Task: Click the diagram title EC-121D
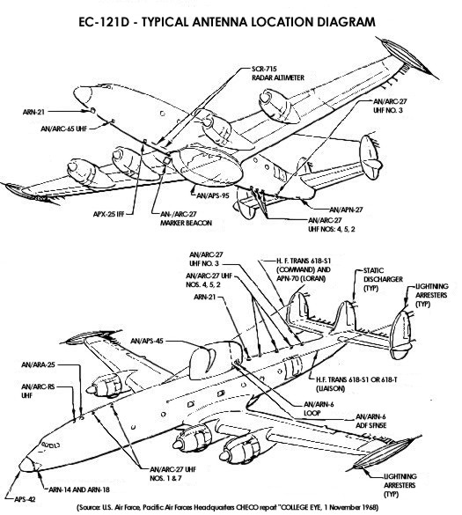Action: pos(104,22)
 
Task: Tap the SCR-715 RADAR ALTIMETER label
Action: pos(278,73)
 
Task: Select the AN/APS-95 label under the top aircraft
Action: pos(212,195)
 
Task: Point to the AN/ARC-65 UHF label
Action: pos(63,129)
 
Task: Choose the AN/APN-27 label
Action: pos(346,210)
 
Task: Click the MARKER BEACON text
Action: pos(186,223)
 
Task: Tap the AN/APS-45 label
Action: pos(146,341)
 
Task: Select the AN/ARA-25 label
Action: pos(38,364)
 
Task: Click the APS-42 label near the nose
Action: pos(25,499)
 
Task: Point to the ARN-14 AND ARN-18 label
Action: pos(79,489)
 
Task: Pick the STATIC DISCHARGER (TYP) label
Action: pos(383,279)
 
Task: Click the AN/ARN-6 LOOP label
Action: pos(319,408)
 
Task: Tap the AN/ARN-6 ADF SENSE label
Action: pos(370,421)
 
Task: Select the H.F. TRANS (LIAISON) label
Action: pos(356,384)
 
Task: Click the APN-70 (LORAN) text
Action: pos(302,279)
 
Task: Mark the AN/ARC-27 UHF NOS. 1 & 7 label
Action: pos(173,474)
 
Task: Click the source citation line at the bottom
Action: pos(227,507)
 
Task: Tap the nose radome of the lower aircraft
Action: pos(27,465)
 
